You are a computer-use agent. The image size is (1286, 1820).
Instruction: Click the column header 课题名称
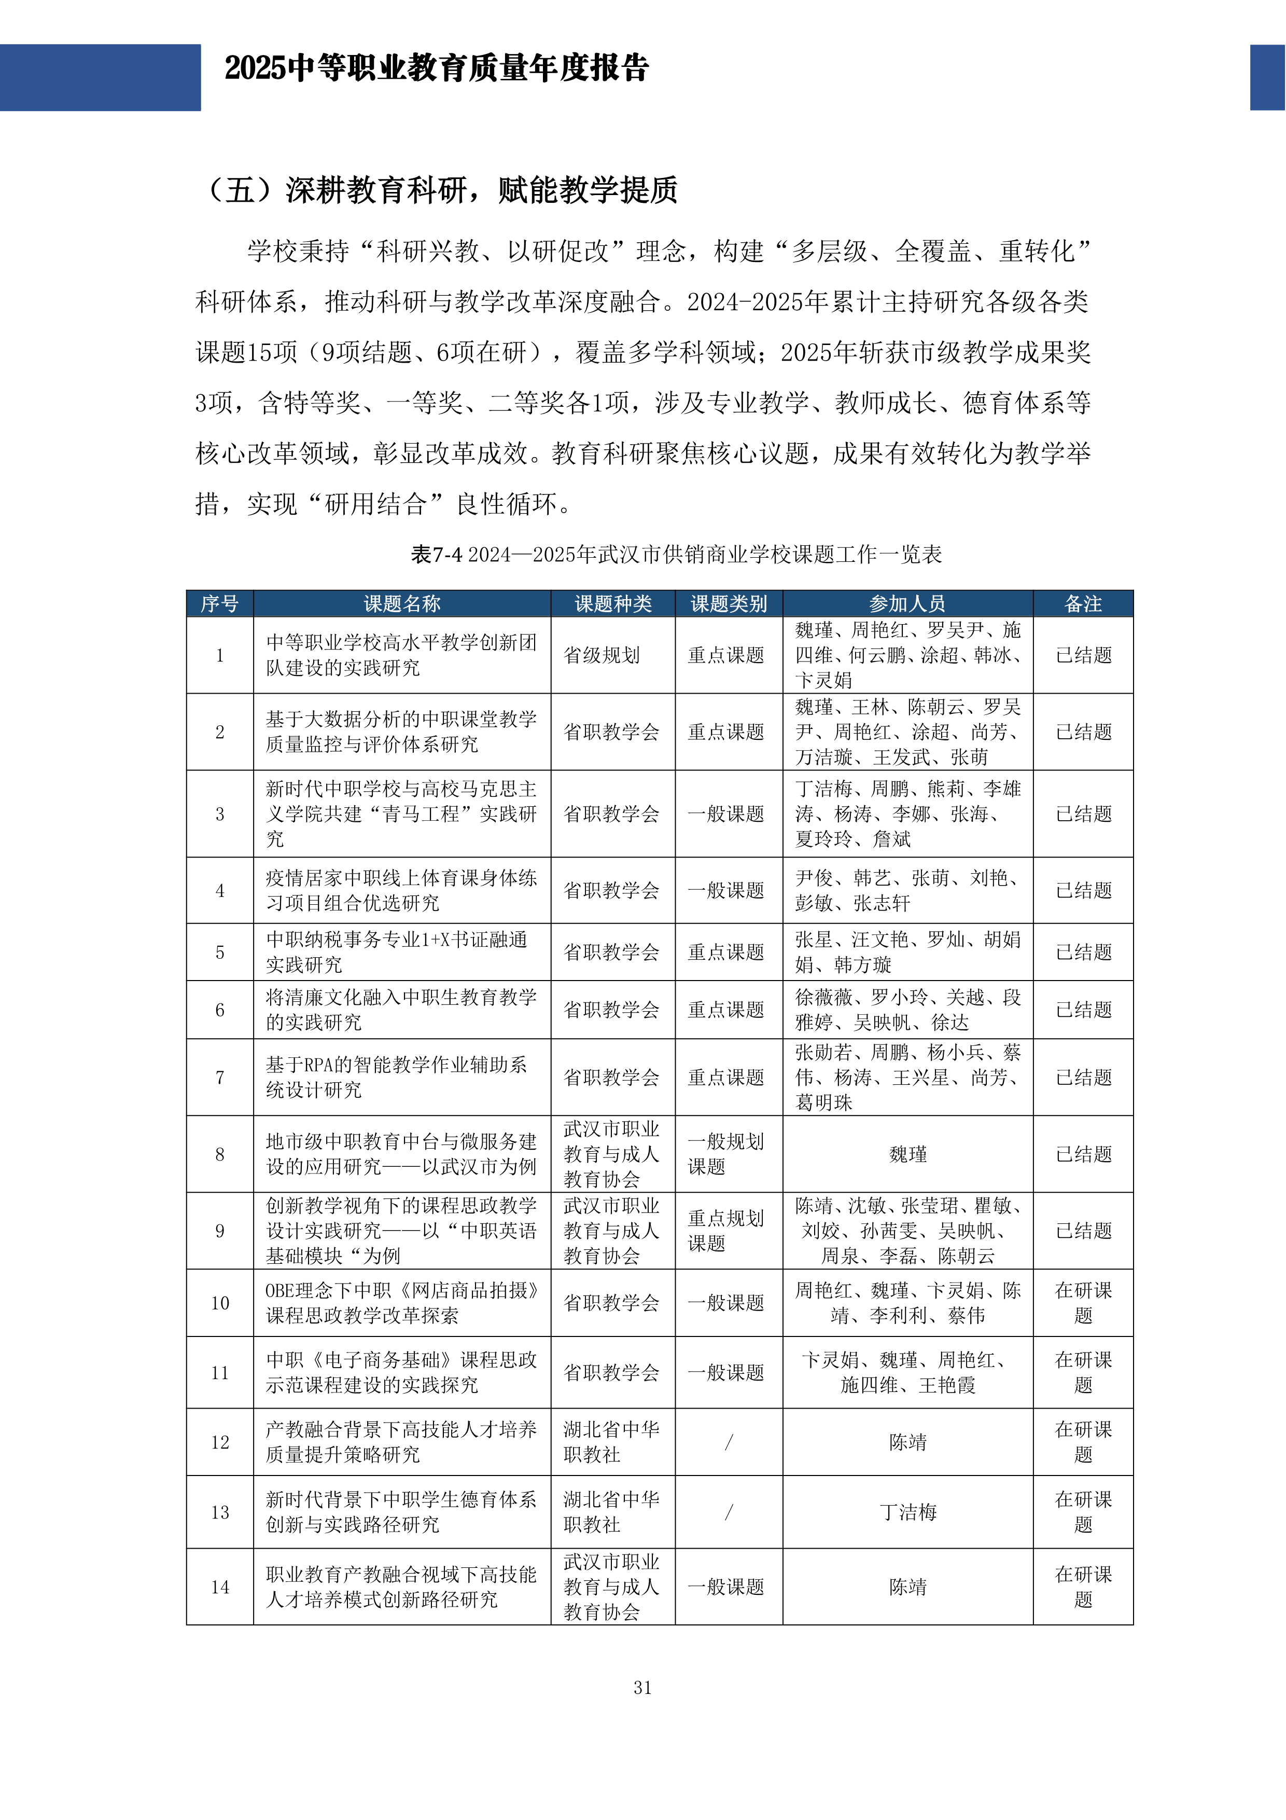pos(402,604)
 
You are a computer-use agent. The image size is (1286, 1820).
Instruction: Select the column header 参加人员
pos(907,604)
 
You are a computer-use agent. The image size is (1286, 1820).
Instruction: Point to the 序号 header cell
pos(219,604)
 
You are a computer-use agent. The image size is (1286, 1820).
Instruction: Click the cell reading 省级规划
pos(602,656)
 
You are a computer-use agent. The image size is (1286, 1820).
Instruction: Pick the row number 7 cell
pos(219,1077)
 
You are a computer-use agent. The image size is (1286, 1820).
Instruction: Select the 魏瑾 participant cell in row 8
pos(907,1154)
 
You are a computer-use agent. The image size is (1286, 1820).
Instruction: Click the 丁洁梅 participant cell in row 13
pos(907,1512)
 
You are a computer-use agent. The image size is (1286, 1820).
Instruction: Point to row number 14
pos(219,1587)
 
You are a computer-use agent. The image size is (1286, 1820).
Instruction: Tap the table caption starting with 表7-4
pos(676,554)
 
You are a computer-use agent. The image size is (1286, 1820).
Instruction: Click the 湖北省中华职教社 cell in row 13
pos(611,1512)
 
